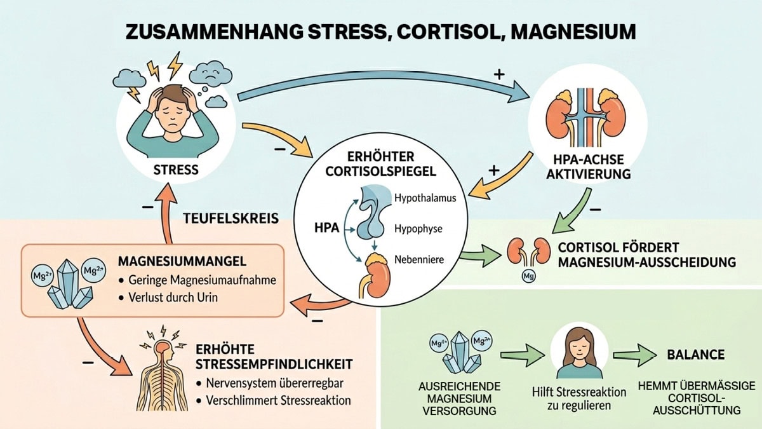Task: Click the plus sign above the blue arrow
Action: coord(498,74)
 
